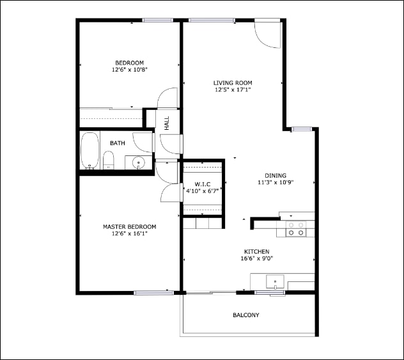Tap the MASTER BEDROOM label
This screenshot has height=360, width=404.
coord(130,226)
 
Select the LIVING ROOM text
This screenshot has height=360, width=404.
coord(233,82)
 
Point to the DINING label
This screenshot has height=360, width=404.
coord(276,176)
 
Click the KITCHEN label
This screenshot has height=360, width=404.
coord(256,251)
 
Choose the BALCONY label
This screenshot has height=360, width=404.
coord(246,315)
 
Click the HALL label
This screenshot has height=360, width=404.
coord(167,123)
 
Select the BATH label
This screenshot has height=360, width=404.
coord(118,143)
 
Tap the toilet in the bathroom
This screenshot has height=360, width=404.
coord(108,160)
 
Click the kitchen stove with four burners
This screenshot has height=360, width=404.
coord(295,229)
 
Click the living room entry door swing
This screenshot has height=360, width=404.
coord(267,33)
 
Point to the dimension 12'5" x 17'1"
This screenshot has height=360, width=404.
coord(233,90)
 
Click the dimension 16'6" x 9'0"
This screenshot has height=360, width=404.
coord(256,259)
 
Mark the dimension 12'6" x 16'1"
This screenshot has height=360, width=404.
coord(130,234)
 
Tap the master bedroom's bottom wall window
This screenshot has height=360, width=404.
coord(154,293)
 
